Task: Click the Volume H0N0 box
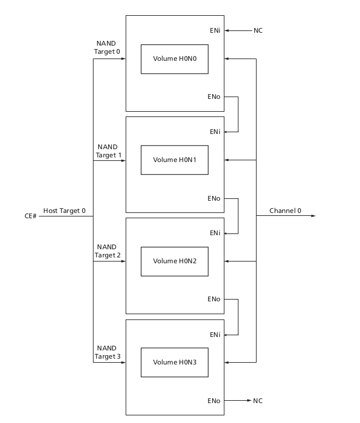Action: (x=175, y=59)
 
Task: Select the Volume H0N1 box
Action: (x=175, y=160)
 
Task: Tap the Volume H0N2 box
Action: (x=175, y=261)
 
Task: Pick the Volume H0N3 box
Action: (x=175, y=362)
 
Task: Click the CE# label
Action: (x=30, y=216)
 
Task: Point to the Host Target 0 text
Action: (x=64, y=211)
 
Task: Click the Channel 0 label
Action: (x=285, y=211)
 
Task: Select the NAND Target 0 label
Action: (x=108, y=48)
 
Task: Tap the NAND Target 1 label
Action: (x=108, y=151)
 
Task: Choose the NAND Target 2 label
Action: (x=108, y=251)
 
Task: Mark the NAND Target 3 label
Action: (x=108, y=352)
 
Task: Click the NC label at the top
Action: (x=258, y=30)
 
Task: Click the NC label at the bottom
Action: (x=258, y=401)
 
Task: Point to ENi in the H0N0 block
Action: (x=214, y=30)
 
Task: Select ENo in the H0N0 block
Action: (x=214, y=97)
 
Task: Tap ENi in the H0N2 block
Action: (x=214, y=233)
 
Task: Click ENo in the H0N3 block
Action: (x=214, y=401)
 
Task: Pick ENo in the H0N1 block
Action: (x=214, y=198)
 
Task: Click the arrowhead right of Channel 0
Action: (x=313, y=216)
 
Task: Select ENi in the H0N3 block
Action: (x=214, y=335)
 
